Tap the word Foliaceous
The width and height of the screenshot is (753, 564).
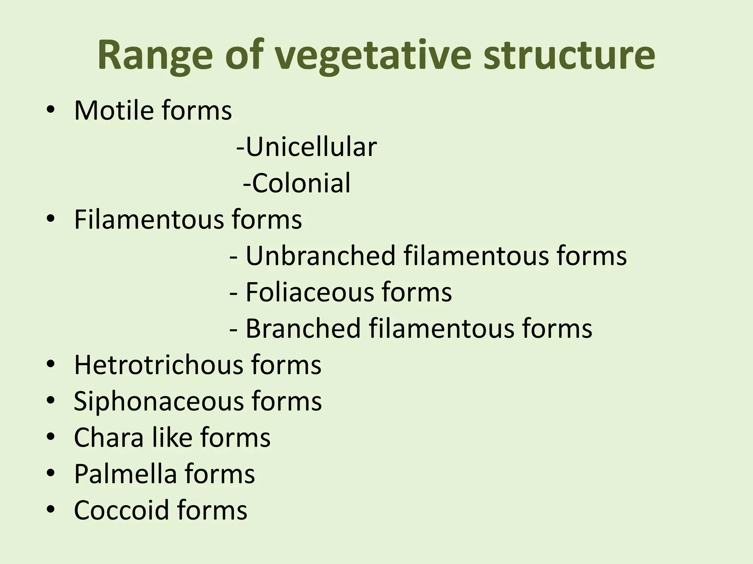click(309, 292)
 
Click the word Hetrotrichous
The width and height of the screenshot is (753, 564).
click(158, 365)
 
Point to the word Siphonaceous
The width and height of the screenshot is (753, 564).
click(158, 401)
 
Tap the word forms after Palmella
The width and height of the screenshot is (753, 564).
click(220, 474)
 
